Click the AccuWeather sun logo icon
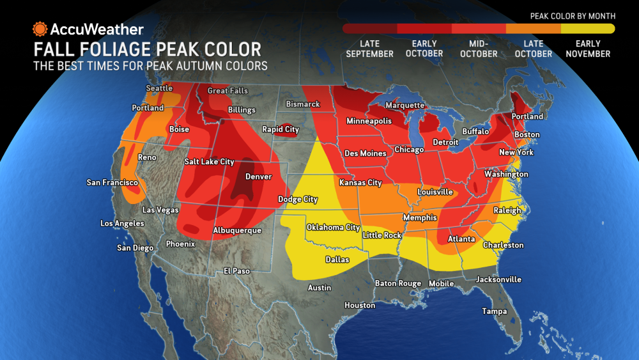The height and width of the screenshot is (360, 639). (40, 29)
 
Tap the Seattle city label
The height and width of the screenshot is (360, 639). (159, 88)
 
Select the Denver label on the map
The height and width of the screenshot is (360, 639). (258, 176)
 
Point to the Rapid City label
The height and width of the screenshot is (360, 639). (281, 129)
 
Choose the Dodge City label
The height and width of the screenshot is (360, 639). (298, 200)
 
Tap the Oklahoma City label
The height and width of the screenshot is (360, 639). (333, 228)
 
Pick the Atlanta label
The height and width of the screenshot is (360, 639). (461, 239)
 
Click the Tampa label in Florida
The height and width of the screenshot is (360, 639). (494, 311)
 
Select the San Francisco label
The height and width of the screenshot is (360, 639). (112, 183)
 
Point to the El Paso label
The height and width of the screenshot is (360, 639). (236, 271)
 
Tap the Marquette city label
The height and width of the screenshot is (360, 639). (404, 105)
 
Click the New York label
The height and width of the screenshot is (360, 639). (516, 153)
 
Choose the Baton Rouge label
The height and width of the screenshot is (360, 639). (398, 283)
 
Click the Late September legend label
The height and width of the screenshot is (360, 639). (370, 49)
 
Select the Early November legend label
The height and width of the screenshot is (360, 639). (587, 49)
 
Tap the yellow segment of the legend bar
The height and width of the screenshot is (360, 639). (588, 28)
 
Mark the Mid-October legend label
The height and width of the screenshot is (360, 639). (479, 49)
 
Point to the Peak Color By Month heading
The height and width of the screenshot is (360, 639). (573, 15)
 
